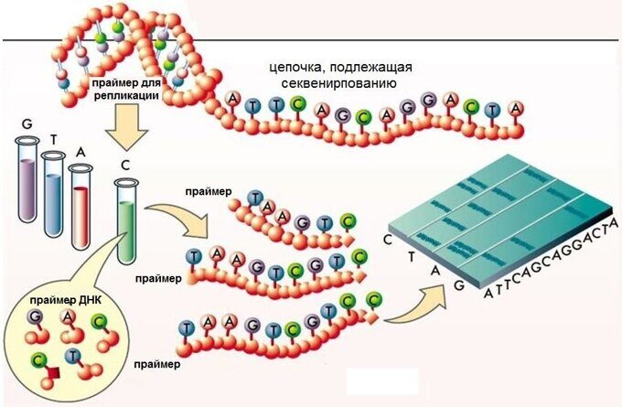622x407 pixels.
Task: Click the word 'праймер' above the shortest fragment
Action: click(x=227, y=191)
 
